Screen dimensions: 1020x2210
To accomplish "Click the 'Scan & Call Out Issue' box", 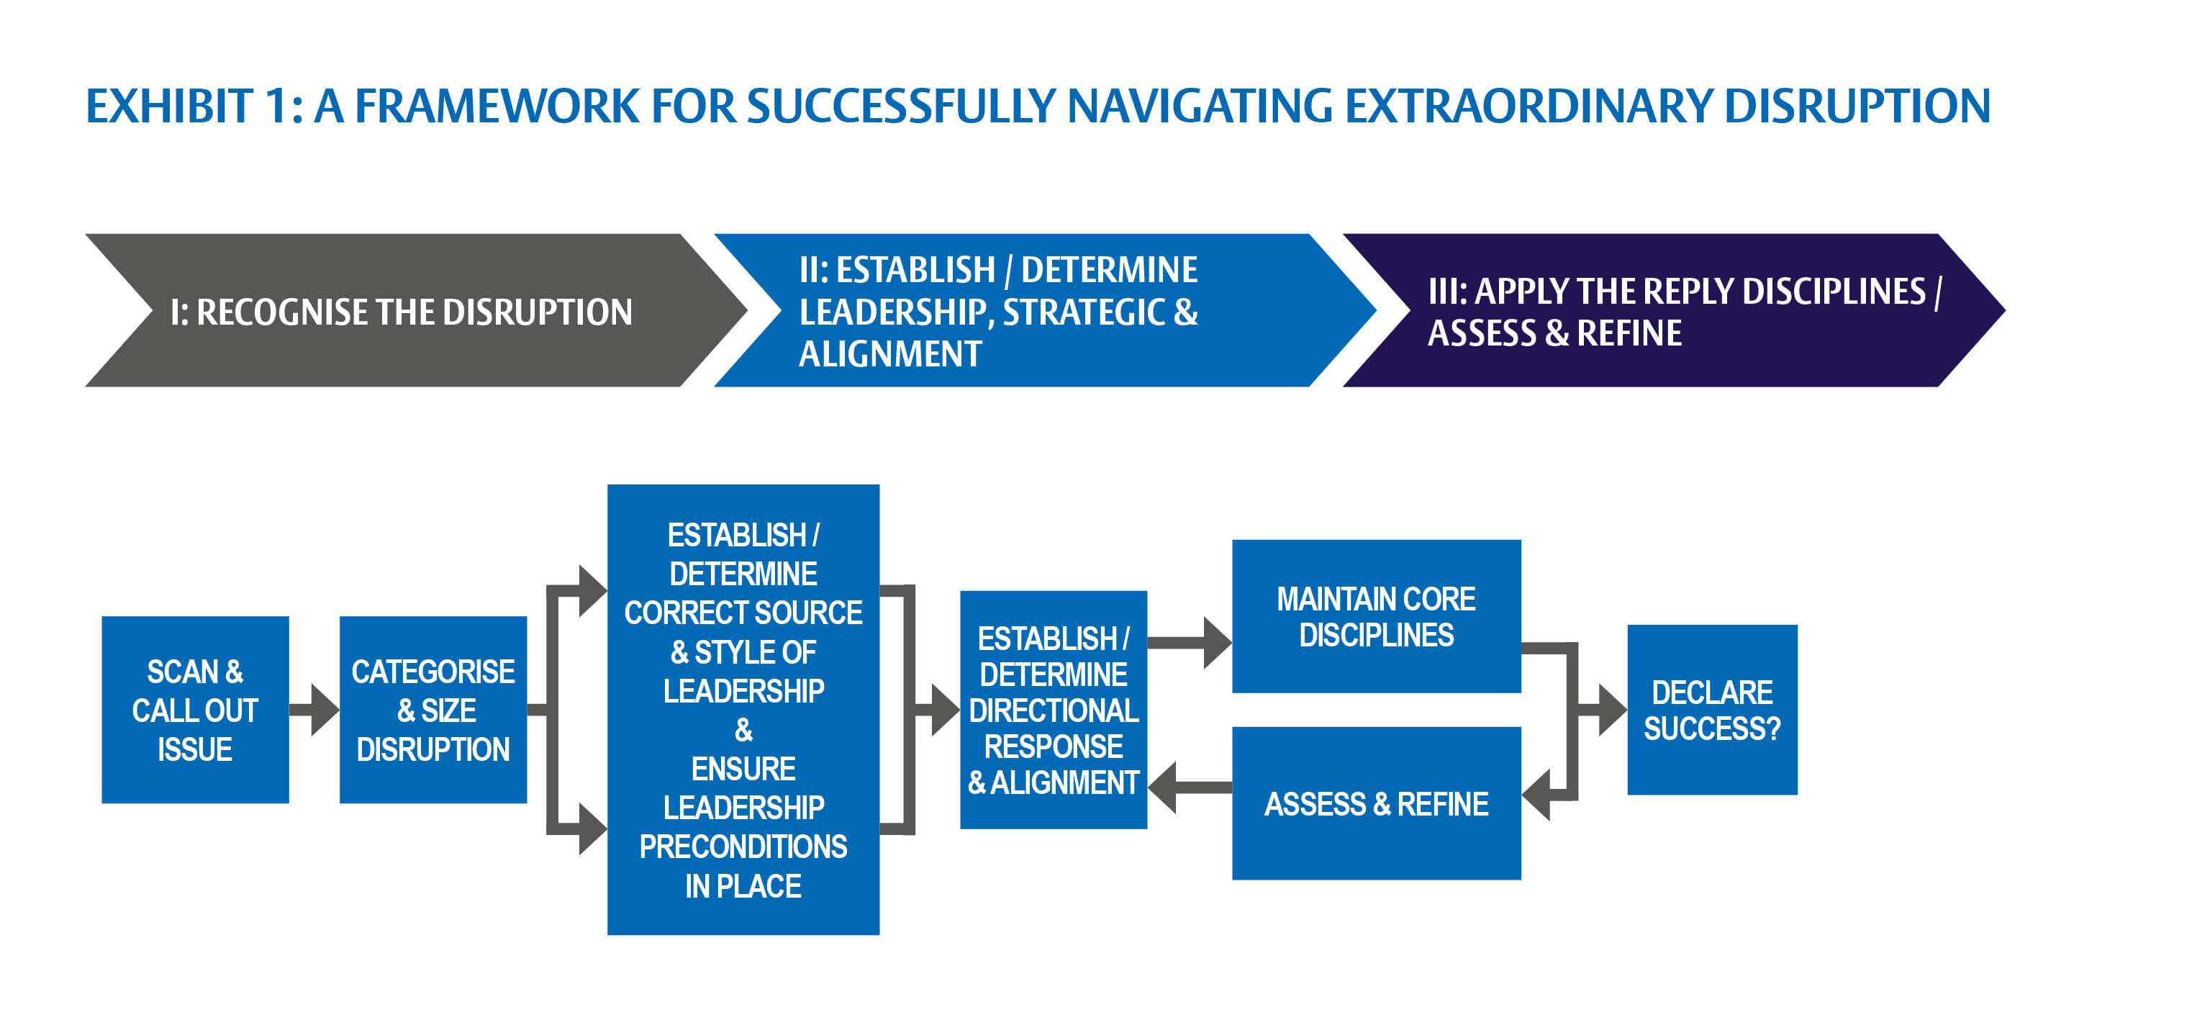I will tap(195, 710).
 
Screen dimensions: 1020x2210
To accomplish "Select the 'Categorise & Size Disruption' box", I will tap(433, 710).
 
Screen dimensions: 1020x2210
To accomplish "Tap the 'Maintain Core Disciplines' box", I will tap(1376, 616).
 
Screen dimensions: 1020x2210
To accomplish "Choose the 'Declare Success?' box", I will tap(1711, 710).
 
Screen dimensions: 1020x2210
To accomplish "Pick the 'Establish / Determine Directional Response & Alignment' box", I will tap(1053, 710).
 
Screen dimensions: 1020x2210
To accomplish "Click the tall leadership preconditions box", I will tap(743, 710).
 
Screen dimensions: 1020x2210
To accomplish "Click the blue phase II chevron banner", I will tap(1030, 310).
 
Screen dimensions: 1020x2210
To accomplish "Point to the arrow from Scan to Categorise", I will tap(316, 710).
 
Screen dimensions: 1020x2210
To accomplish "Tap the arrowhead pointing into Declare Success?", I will tap(1611, 710).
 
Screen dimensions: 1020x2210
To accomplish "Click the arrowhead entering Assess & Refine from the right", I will tap(1537, 795).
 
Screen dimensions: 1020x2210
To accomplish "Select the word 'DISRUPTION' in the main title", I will tap(1857, 107).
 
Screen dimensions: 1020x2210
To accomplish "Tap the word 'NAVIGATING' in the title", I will tap(1200, 107).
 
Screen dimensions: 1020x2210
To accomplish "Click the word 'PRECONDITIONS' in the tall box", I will tap(743, 847).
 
